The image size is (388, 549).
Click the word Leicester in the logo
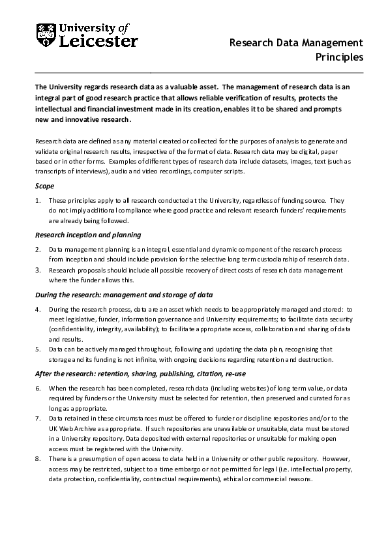98,42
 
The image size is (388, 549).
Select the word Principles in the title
339,57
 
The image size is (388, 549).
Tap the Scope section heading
44,186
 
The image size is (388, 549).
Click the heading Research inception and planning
87,235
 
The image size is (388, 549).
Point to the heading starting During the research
123,294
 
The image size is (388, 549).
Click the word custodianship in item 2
272,260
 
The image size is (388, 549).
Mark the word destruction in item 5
314,359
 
